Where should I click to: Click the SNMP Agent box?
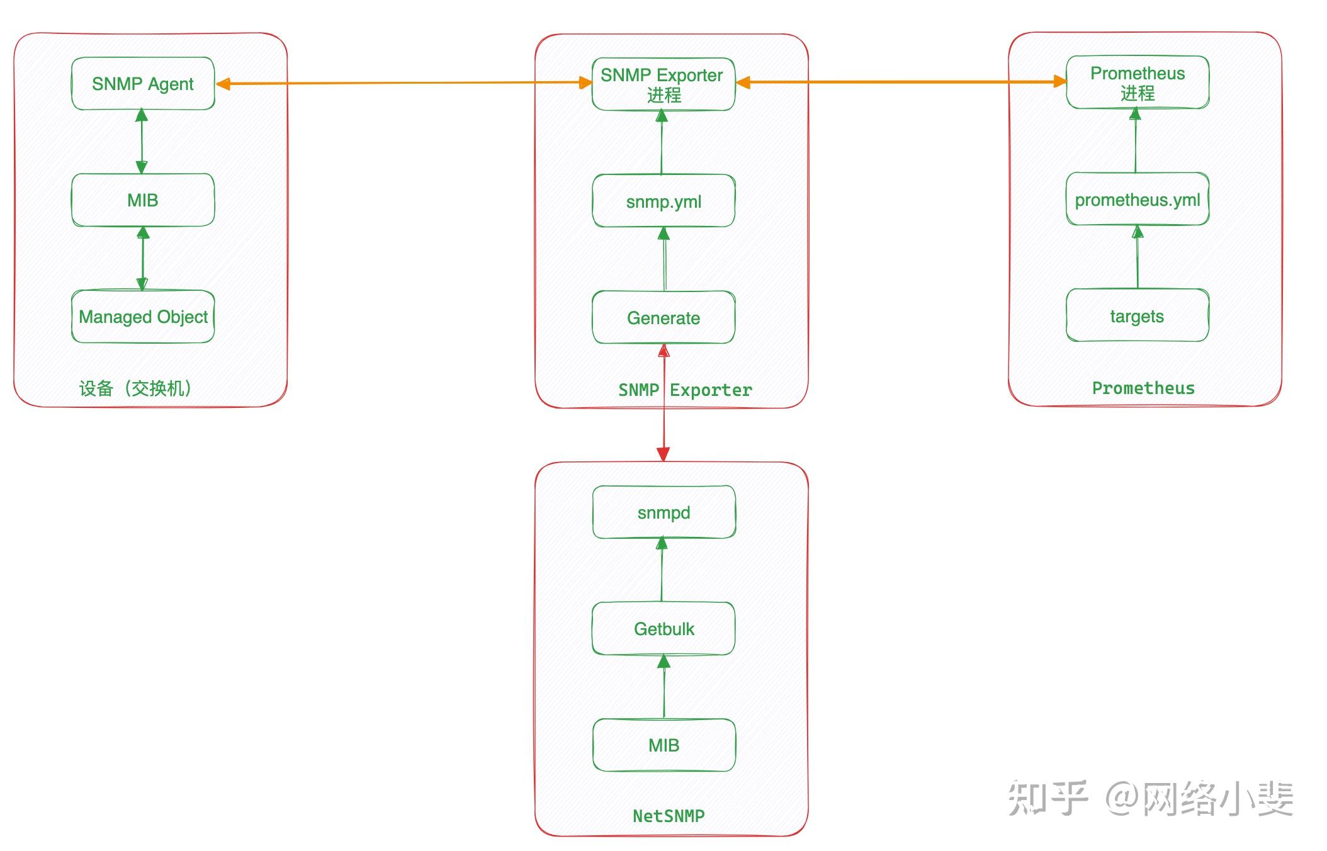click(x=143, y=84)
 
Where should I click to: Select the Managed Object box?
click(x=143, y=317)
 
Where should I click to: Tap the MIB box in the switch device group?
click(x=143, y=200)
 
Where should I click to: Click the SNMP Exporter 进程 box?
click(x=663, y=84)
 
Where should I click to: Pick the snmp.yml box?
click(x=663, y=201)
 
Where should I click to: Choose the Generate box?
click(x=663, y=318)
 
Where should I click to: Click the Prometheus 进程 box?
click(x=1138, y=82)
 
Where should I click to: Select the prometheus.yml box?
click(x=1138, y=200)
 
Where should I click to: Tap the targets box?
click(x=1138, y=316)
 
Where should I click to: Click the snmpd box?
click(x=663, y=512)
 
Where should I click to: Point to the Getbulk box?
click(x=663, y=629)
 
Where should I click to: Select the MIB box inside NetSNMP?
click(x=663, y=745)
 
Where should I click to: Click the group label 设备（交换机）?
click(x=135, y=388)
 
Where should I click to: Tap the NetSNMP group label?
click(x=669, y=816)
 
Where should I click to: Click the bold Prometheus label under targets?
click(x=1143, y=388)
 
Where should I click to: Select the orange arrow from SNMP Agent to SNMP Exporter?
click(x=403, y=82)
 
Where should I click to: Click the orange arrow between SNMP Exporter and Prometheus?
click(x=900, y=82)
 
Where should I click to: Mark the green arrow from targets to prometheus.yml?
click(x=1137, y=258)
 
